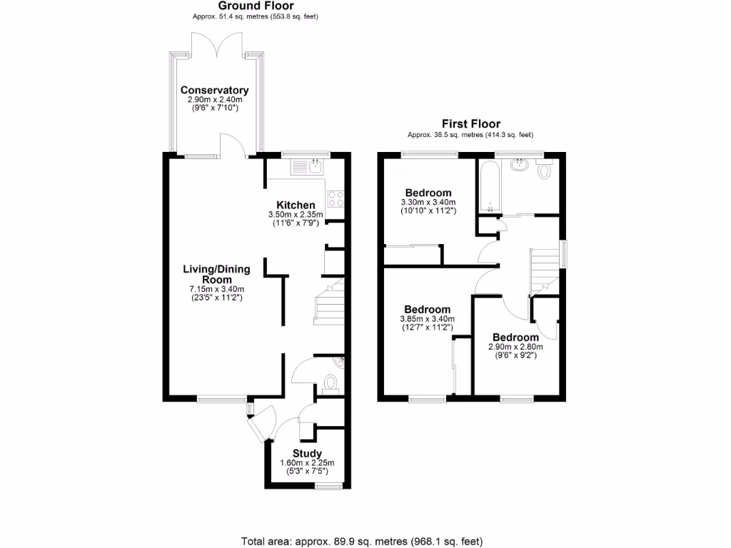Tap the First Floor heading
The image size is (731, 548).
point(470,124)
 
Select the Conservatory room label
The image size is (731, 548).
point(214,91)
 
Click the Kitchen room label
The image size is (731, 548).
point(296,205)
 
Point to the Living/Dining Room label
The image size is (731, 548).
point(216,274)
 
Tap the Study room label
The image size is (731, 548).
point(307,454)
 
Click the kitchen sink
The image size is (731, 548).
point(308,168)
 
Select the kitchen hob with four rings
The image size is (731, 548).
point(336,199)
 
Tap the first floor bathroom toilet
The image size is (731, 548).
point(545,170)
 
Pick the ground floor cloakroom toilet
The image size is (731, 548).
point(331,385)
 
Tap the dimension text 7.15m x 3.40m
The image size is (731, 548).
point(216,289)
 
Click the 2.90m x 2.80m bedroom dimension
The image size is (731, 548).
point(515,347)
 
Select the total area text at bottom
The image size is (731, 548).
point(367,541)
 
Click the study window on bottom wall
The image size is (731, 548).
point(328,487)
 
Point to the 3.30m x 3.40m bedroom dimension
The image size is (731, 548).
point(428,203)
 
